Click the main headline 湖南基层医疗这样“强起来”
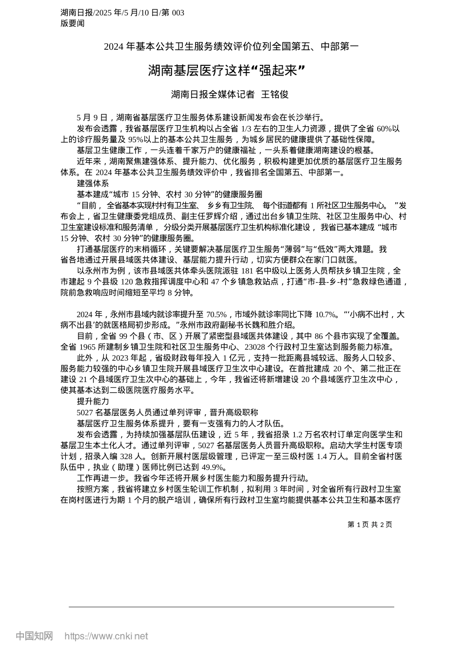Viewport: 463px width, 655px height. [226, 72]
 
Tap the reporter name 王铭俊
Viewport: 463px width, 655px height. [276, 95]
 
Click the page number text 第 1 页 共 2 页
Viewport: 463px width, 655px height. [369, 524]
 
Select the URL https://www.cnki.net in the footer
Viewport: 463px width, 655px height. [106, 636]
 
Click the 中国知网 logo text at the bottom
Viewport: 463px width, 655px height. [35, 636]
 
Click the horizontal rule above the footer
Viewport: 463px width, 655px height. [231, 607]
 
